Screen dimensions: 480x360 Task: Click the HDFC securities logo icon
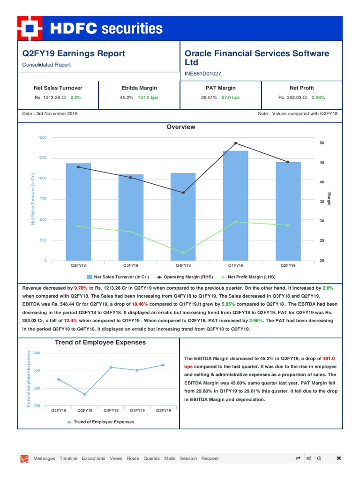tap(29, 29)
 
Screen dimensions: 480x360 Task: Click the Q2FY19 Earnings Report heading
tap(74, 53)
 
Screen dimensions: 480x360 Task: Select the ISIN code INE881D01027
tap(203, 74)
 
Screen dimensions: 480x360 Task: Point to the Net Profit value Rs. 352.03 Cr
tap(293, 97)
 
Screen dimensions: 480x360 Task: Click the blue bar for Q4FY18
tap(183, 217)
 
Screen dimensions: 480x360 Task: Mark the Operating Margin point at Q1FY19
tap(235, 143)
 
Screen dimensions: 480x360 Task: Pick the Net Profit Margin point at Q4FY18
tap(183, 253)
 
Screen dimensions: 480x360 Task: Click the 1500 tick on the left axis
tap(42, 137)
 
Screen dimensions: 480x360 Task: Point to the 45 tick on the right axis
tap(322, 163)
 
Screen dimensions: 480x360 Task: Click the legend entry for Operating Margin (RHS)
tap(187, 277)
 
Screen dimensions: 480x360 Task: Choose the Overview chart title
tap(181, 127)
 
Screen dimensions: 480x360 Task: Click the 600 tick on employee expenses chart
tap(37, 353)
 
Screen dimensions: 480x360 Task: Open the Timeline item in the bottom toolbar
tap(68, 458)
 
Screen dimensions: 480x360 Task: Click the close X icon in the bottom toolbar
tap(339, 458)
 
